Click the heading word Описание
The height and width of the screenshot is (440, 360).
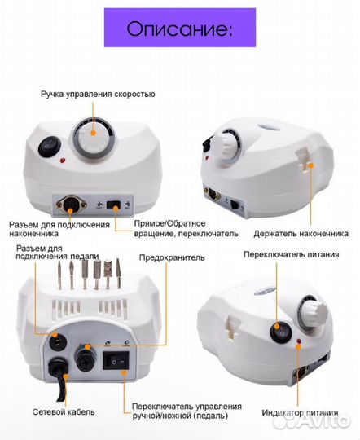coord(179,29)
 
